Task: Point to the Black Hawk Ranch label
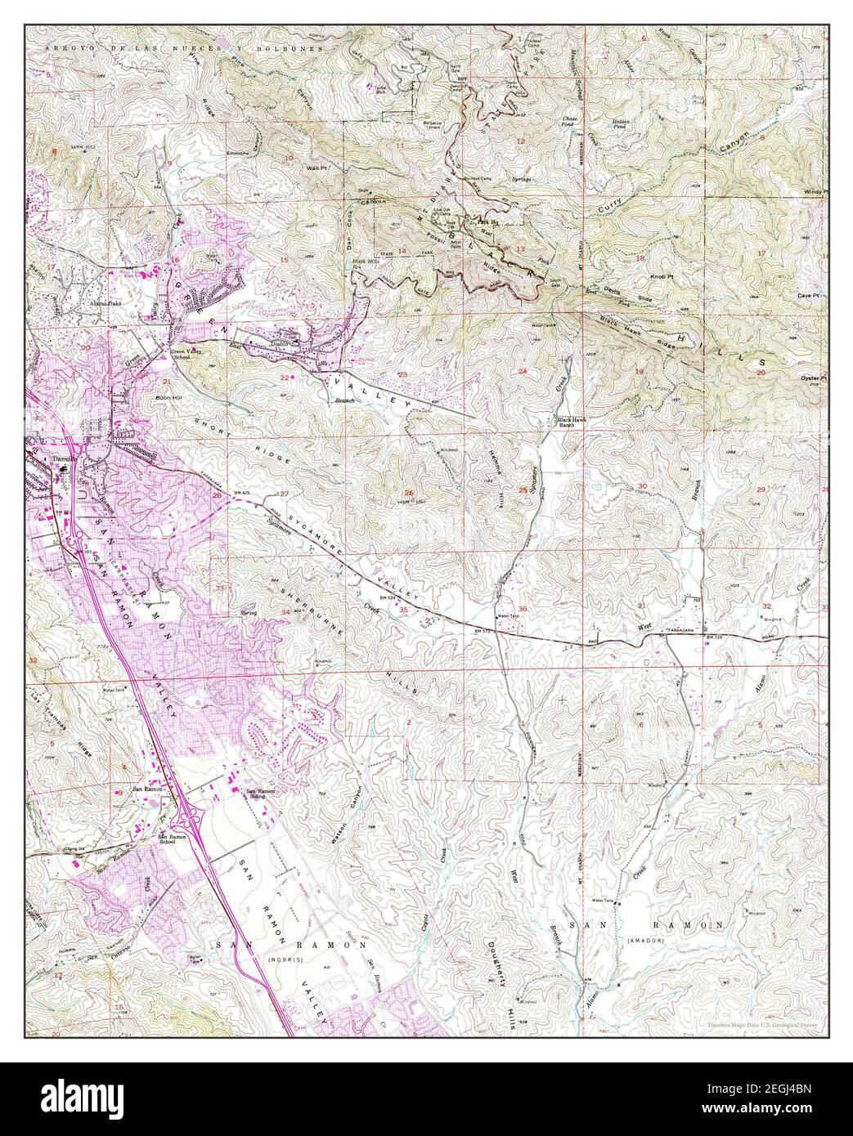(x=572, y=423)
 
